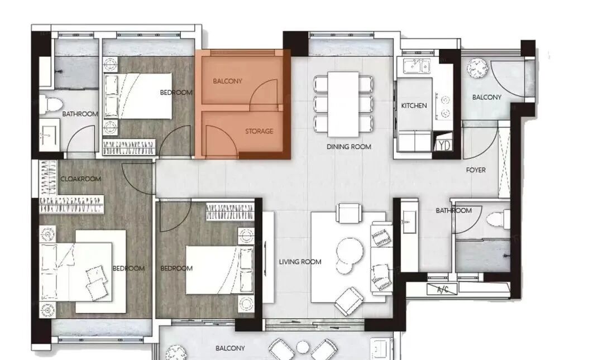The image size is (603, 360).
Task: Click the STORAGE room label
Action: (259, 131)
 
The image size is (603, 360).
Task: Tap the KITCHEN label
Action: (414, 105)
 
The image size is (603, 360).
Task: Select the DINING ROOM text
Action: (349, 147)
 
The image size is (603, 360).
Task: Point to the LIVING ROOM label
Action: (300, 262)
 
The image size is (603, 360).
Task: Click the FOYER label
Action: (476, 170)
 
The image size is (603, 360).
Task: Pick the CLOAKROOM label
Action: (81, 179)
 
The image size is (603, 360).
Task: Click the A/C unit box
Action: (442, 289)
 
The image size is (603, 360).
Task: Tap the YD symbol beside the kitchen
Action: (443, 145)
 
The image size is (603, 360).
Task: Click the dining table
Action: (343, 104)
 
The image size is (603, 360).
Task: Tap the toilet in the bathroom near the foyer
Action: (499, 219)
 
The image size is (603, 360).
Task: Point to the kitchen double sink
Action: (417, 66)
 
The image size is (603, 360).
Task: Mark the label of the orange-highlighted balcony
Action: (228, 81)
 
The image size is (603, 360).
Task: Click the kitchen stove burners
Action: (444, 106)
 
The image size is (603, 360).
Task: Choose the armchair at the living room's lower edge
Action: (349, 301)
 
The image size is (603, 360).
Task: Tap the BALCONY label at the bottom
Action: (230, 348)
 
